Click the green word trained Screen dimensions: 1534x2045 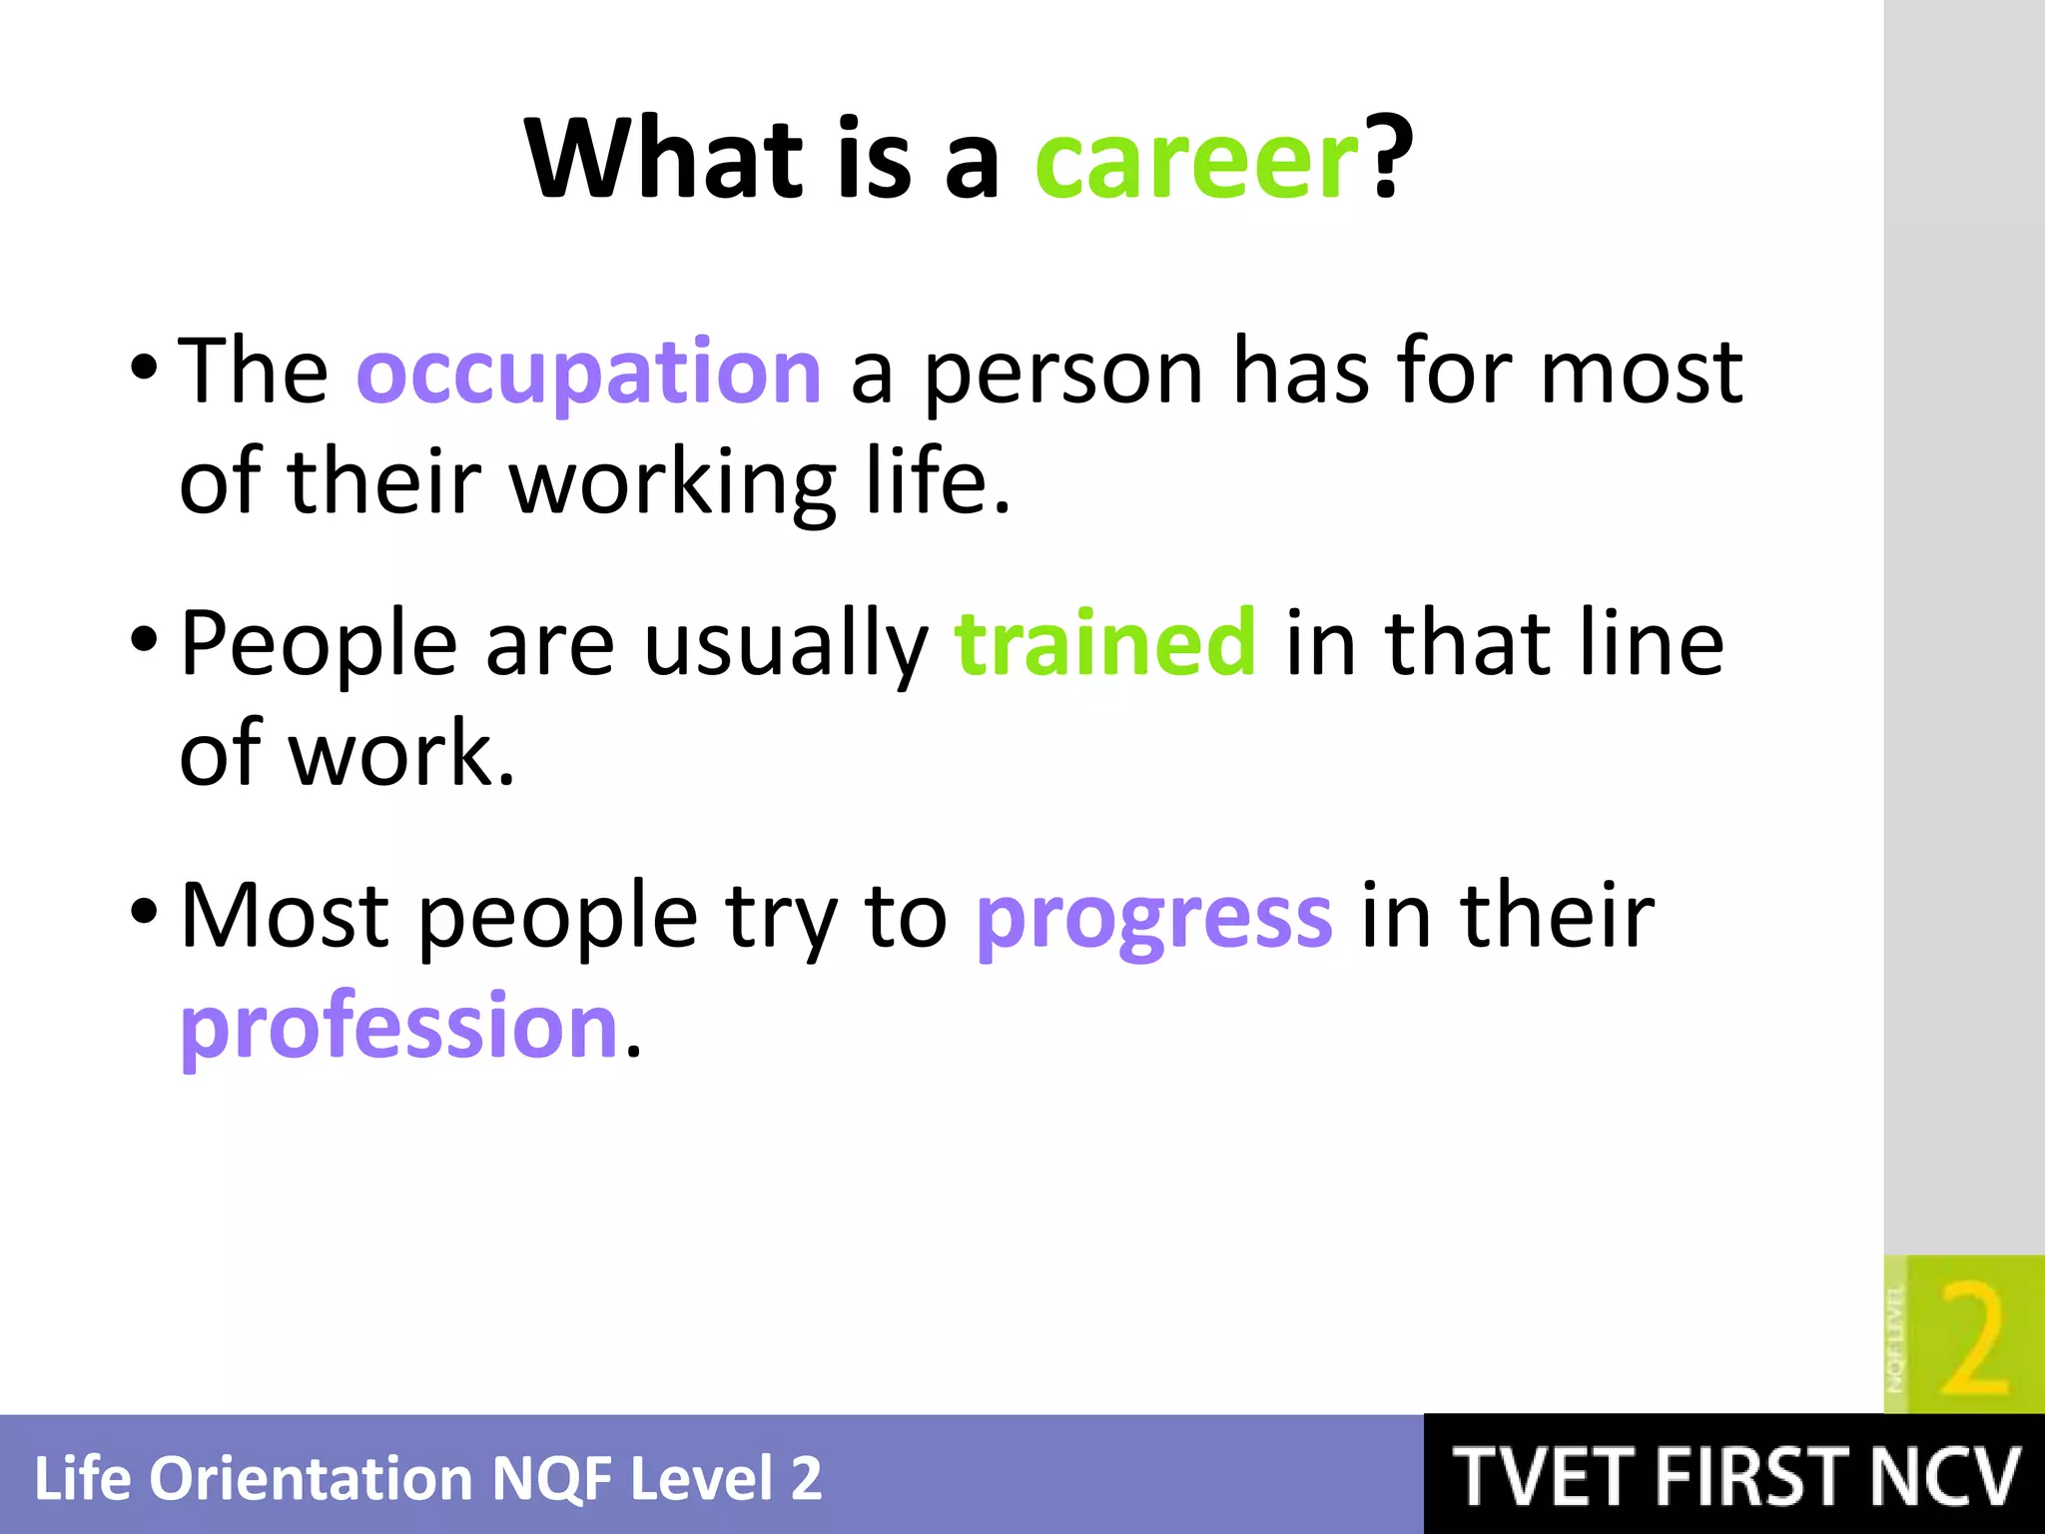1105,643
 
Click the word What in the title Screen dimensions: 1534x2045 664,160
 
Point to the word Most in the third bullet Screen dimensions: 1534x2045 285,916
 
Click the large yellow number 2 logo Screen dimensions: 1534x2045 1972,1339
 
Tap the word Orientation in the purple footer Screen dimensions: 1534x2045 313,1479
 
